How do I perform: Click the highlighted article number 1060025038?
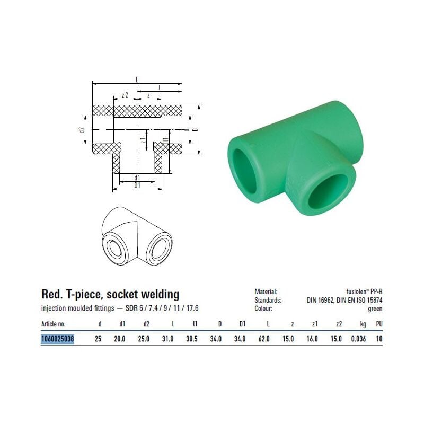click(57, 339)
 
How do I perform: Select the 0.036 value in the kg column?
click(358, 339)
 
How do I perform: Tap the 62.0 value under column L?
click(264, 339)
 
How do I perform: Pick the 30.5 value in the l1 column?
click(192, 339)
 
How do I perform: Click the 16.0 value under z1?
click(312, 339)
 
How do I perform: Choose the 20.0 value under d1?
click(120, 339)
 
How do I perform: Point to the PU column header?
click(379, 324)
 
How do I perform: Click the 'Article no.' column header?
click(54, 324)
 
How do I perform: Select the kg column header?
click(363, 324)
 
